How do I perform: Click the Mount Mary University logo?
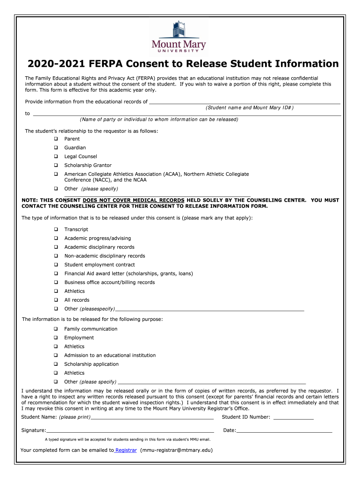(x=179, y=38)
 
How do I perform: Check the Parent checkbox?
(x=56, y=139)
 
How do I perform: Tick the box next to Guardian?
(x=56, y=148)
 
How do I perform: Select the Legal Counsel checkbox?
(x=56, y=157)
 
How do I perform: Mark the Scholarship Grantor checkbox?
(x=56, y=166)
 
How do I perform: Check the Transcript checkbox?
(x=56, y=230)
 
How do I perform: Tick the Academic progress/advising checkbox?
(x=56, y=239)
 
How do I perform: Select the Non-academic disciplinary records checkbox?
(x=56, y=256)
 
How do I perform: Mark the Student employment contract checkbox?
(x=56, y=265)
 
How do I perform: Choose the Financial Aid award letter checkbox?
(x=56, y=274)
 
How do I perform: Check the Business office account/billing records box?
(x=56, y=283)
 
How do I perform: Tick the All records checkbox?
(x=56, y=300)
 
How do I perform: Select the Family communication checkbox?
(x=56, y=329)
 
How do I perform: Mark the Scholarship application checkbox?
(x=56, y=364)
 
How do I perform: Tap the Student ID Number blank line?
(x=293, y=417)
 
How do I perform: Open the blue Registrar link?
(x=126, y=450)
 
